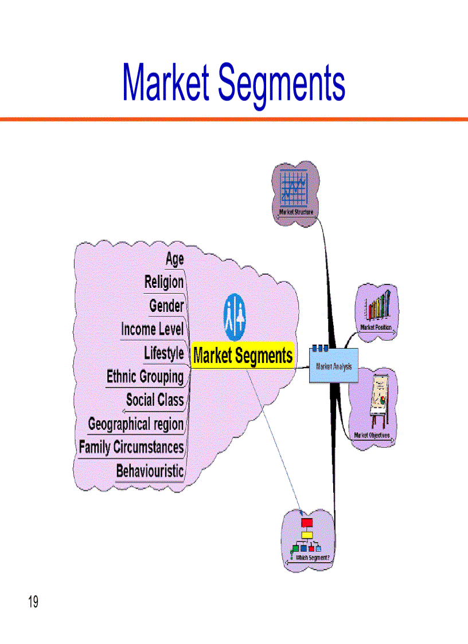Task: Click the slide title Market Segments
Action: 234,84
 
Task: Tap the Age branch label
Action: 174,259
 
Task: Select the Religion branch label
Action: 164,282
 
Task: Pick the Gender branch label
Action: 166,306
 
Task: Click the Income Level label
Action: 152,329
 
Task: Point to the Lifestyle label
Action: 163,353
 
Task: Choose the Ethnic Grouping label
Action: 145,377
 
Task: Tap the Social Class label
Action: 155,400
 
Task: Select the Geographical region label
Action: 136,424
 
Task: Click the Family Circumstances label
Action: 131,447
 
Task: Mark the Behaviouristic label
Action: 150,471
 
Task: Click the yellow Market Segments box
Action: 243,356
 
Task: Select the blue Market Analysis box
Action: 333,365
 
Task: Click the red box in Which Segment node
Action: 307,523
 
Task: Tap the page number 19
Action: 33,602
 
